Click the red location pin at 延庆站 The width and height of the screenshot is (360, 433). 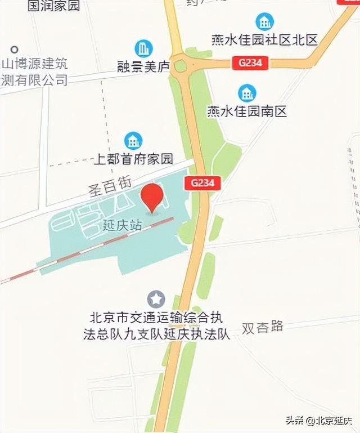point(152,197)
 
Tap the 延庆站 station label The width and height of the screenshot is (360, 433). point(122,225)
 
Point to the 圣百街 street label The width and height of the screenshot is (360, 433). point(110,186)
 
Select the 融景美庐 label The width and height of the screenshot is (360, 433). point(143,66)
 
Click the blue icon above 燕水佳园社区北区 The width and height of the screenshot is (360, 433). point(264,21)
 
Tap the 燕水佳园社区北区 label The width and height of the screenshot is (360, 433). point(264,40)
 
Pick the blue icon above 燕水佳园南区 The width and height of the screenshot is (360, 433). point(246,92)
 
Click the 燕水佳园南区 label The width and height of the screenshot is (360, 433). point(246,111)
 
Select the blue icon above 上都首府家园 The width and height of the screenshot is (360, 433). point(133,141)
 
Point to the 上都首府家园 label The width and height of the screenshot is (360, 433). point(133,159)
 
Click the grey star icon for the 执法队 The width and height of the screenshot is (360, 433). point(155,298)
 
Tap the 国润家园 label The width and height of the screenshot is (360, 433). point(53,6)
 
